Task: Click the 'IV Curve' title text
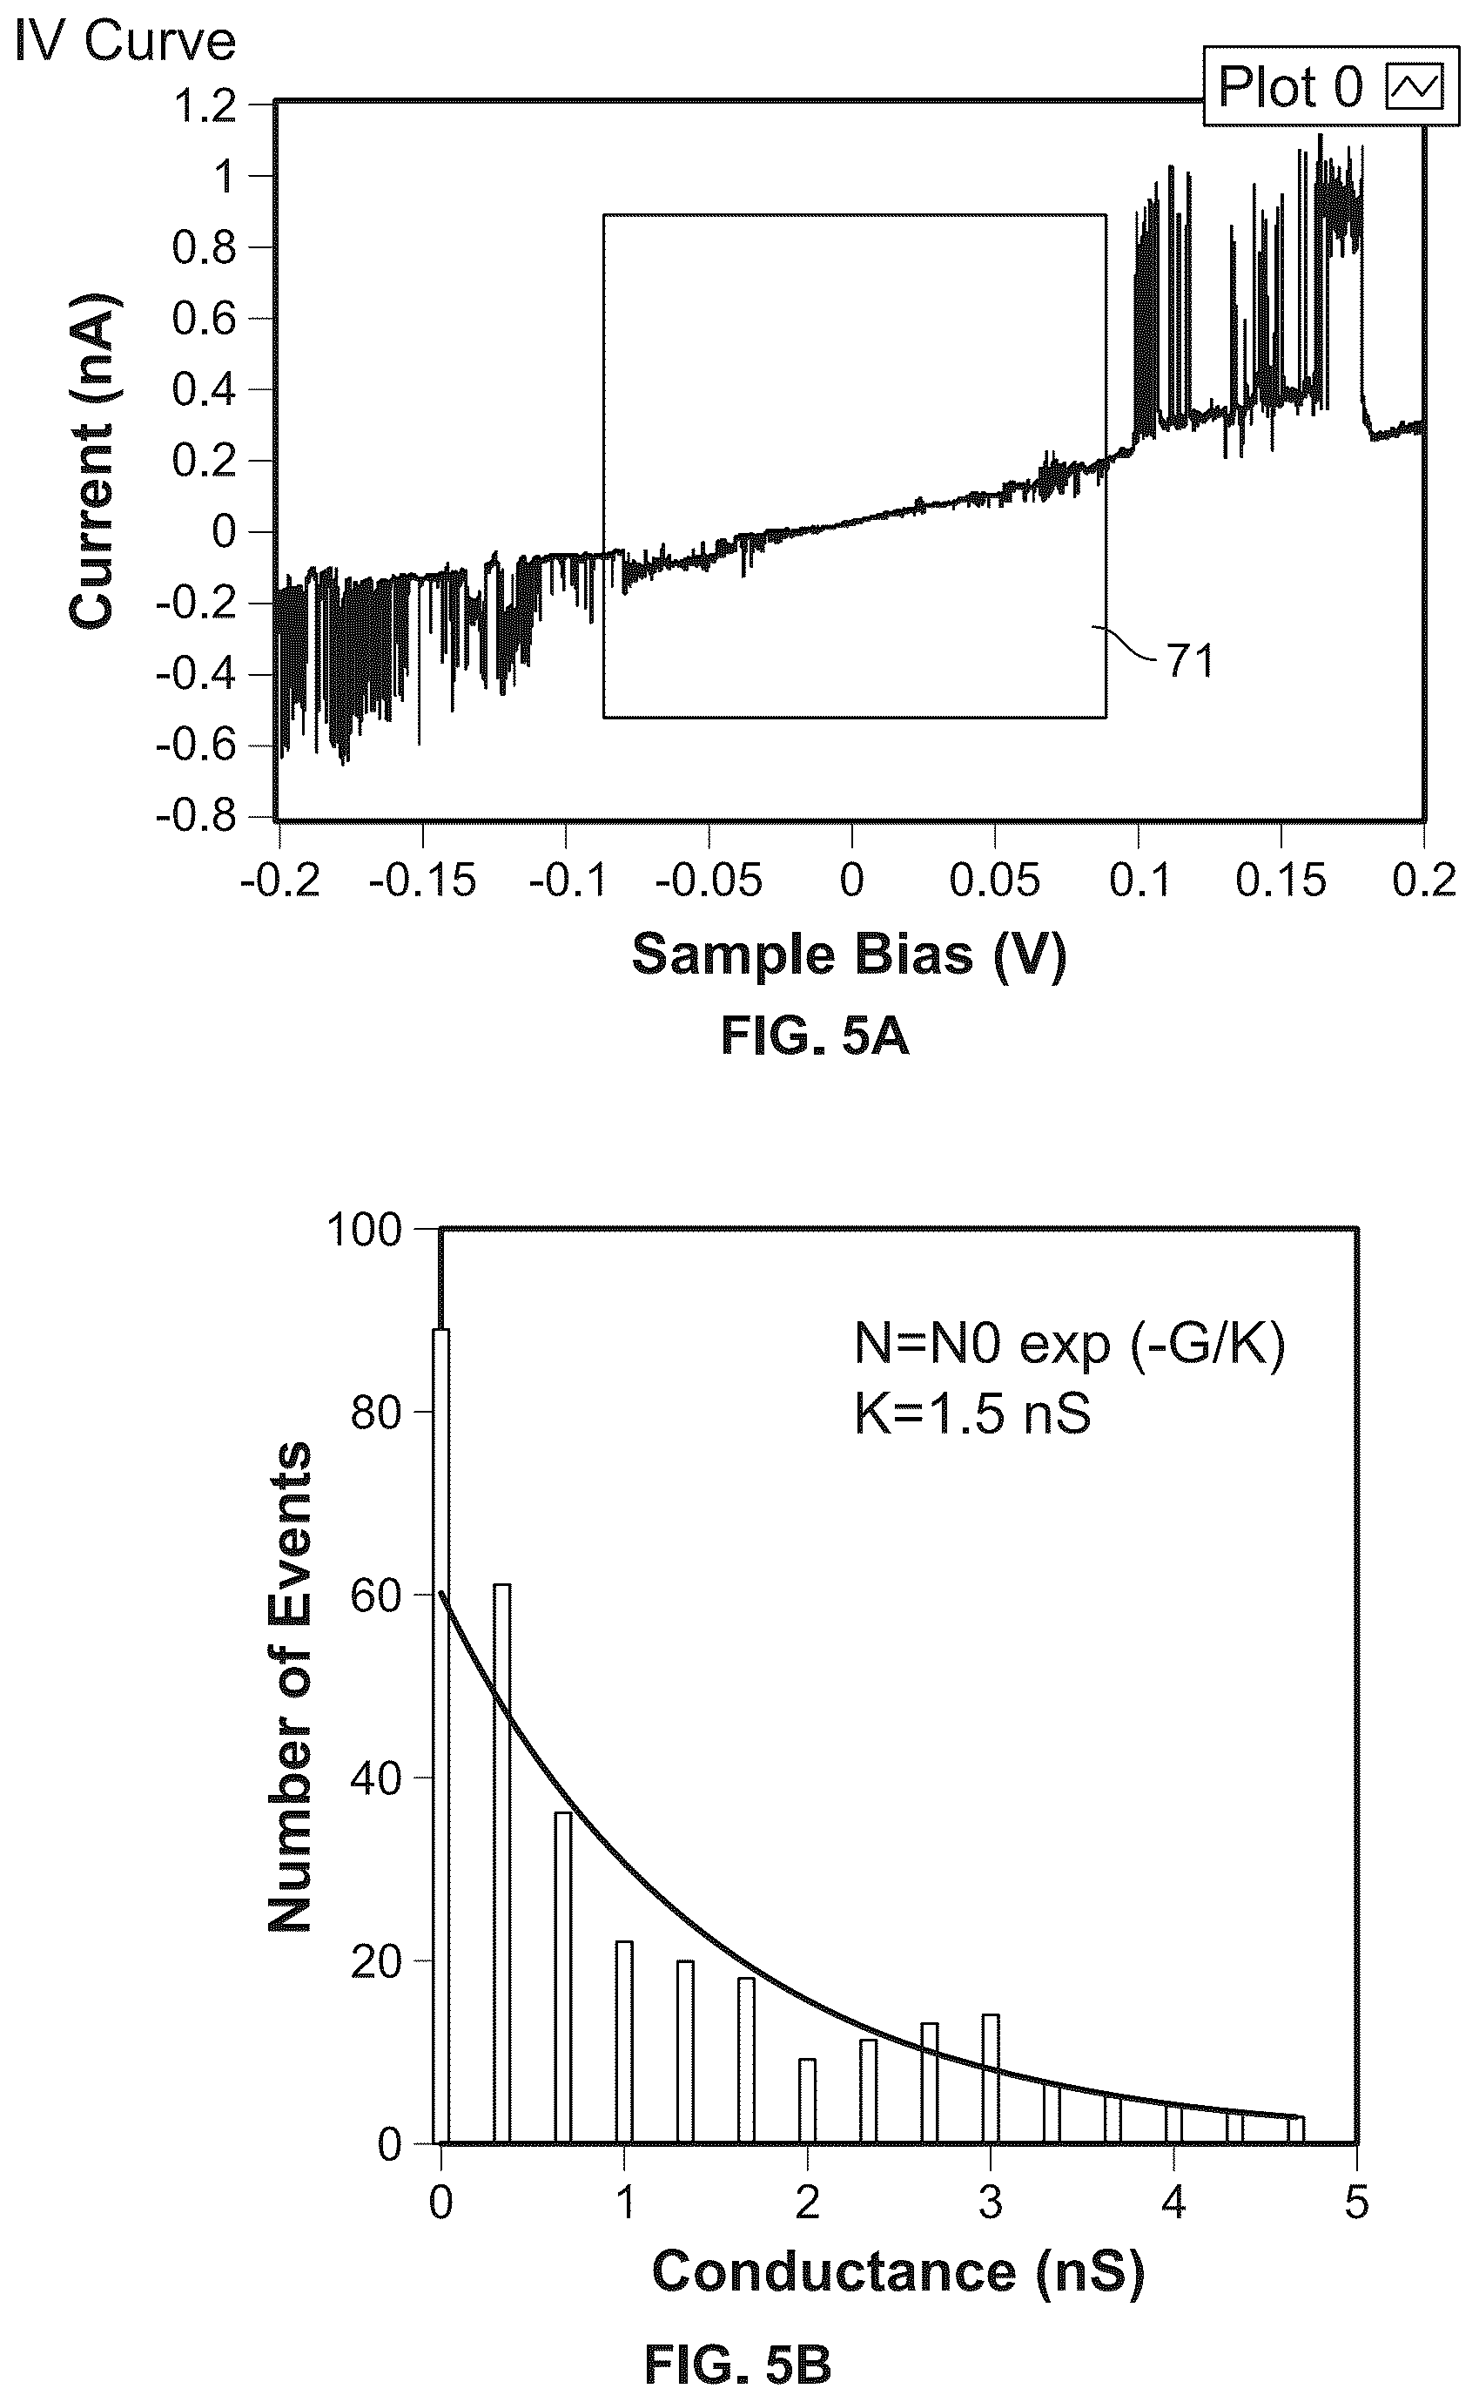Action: [125, 42]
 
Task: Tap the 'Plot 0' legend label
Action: [1290, 87]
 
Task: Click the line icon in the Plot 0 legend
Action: [1415, 88]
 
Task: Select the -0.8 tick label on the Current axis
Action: [197, 816]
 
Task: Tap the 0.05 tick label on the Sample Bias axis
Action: [995, 881]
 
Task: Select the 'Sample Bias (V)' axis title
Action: [849, 954]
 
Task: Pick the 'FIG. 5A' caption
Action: [815, 1036]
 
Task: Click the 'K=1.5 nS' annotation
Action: [972, 1414]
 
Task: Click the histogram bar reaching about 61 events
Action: [501, 1864]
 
